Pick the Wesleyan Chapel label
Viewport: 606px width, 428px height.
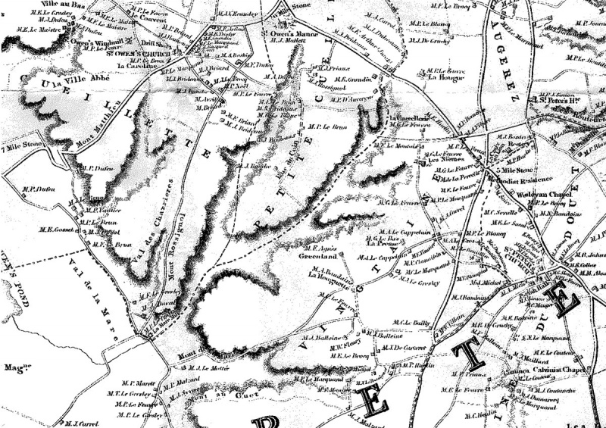(543, 194)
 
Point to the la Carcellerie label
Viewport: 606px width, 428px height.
(408, 119)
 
